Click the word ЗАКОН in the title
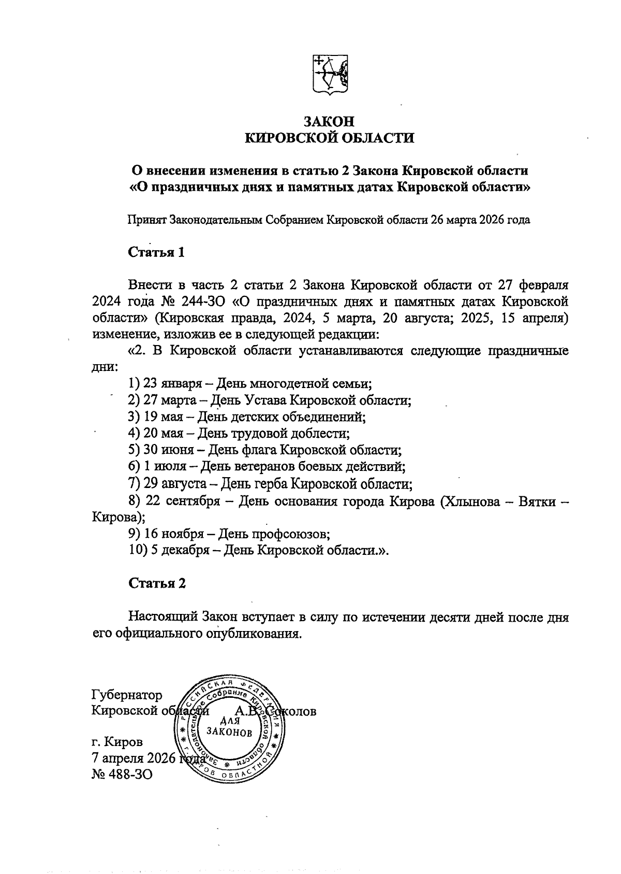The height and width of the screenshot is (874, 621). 329,121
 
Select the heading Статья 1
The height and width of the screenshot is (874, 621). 156,252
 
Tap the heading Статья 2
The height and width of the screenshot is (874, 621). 157,583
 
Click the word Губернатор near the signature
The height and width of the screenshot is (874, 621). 126,695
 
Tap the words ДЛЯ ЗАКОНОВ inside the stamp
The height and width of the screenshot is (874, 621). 229,726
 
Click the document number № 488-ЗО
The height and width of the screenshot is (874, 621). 122,773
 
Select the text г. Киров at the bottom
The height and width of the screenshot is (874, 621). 117,741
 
